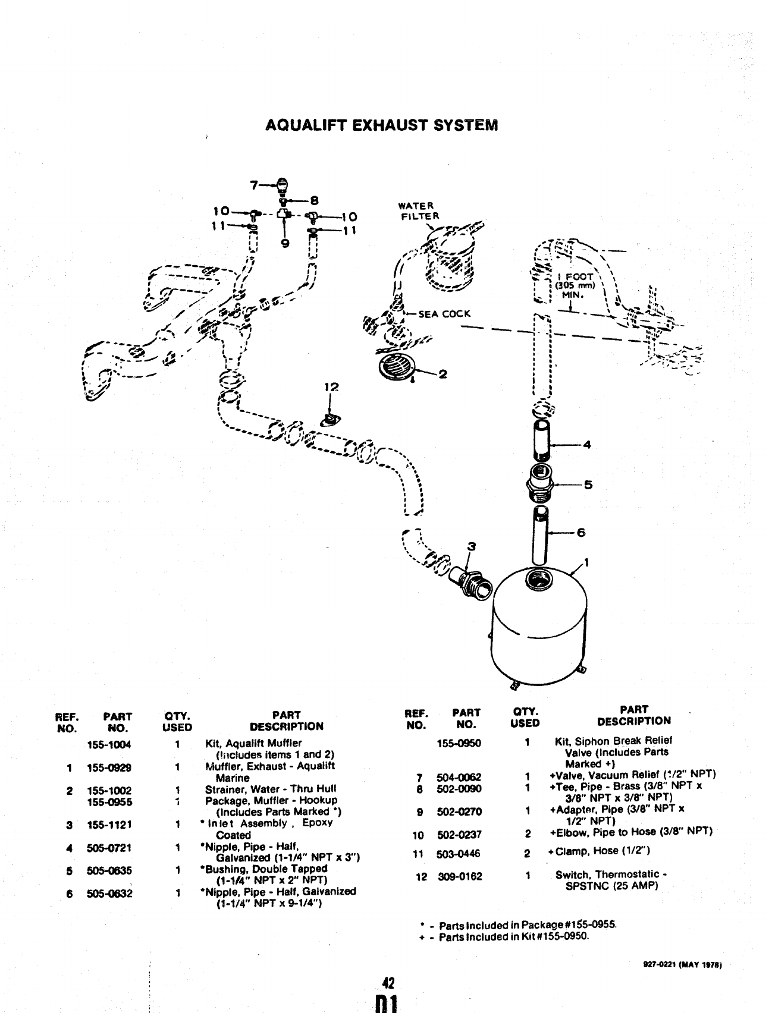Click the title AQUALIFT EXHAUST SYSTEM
pos(381,125)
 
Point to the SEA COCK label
pos(444,314)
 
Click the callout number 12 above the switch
pos(331,388)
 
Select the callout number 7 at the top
pos(254,185)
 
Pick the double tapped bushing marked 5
pos(540,484)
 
